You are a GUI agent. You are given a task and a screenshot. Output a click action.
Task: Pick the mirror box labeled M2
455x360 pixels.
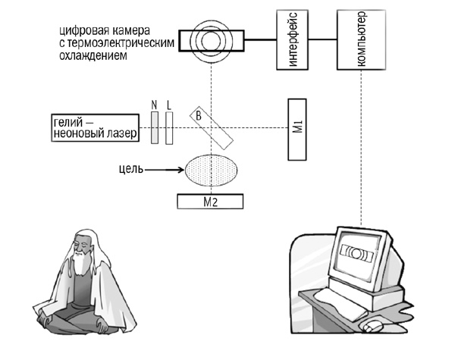click(x=211, y=201)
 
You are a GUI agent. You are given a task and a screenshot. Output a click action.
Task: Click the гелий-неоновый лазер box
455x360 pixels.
click(x=96, y=129)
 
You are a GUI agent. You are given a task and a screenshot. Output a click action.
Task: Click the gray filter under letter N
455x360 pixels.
click(x=154, y=127)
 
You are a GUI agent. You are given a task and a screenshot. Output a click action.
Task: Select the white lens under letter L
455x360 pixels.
click(x=169, y=127)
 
